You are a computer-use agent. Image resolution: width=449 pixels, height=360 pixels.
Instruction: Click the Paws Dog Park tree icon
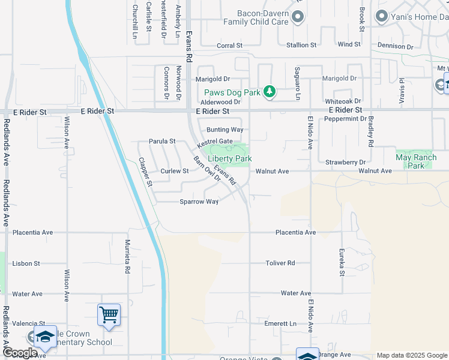[270, 92]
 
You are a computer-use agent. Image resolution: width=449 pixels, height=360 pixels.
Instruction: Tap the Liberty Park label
[229, 158]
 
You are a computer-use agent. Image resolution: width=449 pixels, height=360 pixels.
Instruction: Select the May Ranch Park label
[415, 161]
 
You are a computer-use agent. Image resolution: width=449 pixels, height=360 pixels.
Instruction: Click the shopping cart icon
[109, 314]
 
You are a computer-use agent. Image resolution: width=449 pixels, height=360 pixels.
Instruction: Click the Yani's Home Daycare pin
[381, 17]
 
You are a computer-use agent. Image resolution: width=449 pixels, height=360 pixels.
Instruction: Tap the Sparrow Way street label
[199, 202]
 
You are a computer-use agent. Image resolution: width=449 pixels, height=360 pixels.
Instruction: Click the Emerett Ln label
[281, 324]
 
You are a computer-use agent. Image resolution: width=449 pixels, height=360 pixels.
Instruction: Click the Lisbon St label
[26, 263]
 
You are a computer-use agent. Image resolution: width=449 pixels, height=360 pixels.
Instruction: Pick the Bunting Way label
[225, 130]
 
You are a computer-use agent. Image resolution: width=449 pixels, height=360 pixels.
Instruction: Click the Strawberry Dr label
[345, 163]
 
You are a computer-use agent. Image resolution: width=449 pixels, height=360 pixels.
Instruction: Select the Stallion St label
[301, 45]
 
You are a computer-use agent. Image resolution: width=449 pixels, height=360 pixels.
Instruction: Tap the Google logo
[20, 353]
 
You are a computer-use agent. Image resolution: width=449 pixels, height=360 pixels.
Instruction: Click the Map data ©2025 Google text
[412, 355]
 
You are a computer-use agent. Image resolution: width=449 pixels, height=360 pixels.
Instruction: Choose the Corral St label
[229, 45]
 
